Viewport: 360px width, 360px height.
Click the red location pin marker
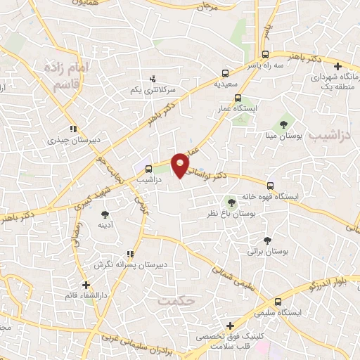coord(181,165)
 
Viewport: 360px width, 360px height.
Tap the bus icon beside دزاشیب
coord(148,169)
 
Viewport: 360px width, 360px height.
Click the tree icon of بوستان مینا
coord(283,124)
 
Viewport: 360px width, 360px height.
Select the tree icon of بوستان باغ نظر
coord(231,202)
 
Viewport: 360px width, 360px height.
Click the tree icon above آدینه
coord(105,214)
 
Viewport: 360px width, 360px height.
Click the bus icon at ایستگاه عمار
coord(238,98)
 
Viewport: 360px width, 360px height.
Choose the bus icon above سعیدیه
coord(225,72)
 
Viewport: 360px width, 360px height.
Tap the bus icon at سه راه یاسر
coord(265,54)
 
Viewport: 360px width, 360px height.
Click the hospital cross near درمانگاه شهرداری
coord(338,66)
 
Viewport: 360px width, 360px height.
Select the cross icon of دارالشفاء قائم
coord(86,285)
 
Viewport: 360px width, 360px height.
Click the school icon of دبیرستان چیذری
coord(72,129)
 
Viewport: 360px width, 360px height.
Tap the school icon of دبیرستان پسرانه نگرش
coord(129,255)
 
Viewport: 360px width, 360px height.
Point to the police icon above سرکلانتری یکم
coord(153,79)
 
